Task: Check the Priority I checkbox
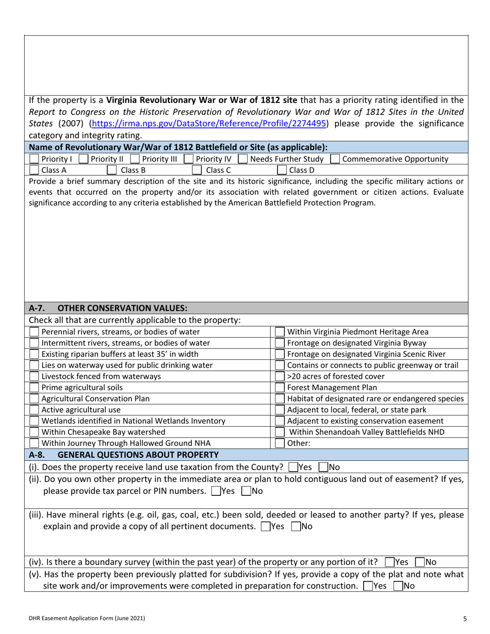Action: pyautogui.click(x=35, y=159)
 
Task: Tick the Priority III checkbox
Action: pyautogui.click(x=136, y=159)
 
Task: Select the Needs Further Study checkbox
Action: pyautogui.click(x=243, y=159)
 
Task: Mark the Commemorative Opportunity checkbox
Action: pyautogui.click(x=335, y=159)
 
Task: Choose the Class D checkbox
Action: pyautogui.click(x=282, y=169)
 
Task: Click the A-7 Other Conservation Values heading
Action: pyautogui.click(x=108, y=308)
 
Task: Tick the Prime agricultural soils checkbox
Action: pyautogui.click(x=35, y=387)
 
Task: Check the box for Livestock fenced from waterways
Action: pyautogui.click(x=35, y=376)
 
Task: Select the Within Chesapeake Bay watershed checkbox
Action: pyautogui.click(x=35, y=431)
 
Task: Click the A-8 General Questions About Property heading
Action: pyautogui.click(x=124, y=454)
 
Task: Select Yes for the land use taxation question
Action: pyautogui.click(x=293, y=468)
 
